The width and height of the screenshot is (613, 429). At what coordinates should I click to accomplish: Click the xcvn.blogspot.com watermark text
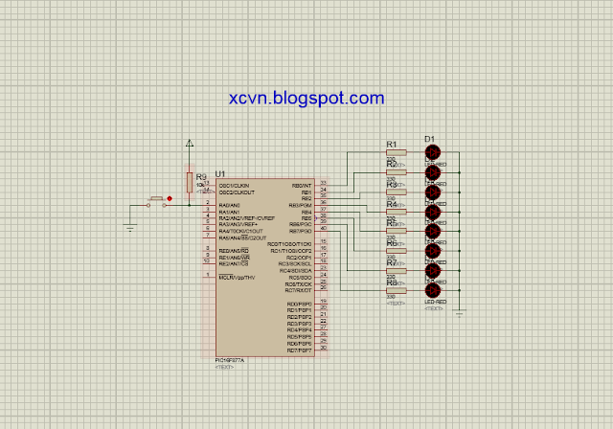[306, 99]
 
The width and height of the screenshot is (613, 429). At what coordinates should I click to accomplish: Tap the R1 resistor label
[392, 145]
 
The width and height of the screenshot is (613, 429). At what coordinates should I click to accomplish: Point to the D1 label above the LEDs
[429, 139]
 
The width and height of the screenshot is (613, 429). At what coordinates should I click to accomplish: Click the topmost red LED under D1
[432, 153]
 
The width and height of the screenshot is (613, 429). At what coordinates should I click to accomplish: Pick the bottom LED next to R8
[432, 290]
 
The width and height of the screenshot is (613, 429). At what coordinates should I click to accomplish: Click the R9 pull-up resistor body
[190, 181]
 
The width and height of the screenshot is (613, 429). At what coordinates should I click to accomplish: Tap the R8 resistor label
[392, 283]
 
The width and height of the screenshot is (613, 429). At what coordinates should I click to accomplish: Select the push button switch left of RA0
[156, 201]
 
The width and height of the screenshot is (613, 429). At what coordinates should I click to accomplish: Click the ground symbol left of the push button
[129, 228]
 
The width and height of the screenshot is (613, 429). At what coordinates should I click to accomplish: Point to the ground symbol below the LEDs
[460, 313]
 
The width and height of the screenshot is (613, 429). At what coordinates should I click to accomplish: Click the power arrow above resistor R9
[190, 144]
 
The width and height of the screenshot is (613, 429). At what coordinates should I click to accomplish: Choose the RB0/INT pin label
[302, 185]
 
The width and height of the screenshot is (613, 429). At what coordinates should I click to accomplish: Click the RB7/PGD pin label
[301, 231]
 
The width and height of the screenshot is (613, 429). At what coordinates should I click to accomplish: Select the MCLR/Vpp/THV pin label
[237, 278]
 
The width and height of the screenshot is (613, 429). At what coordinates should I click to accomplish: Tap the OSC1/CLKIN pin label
[234, 185]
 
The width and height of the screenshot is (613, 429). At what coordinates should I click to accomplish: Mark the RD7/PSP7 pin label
[300, 350]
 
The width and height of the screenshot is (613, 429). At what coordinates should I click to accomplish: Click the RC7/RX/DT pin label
[299, 291]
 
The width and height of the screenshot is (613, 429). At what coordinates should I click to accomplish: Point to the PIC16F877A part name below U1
[230, 361]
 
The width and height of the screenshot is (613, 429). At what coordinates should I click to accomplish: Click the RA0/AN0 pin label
[229, 205]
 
